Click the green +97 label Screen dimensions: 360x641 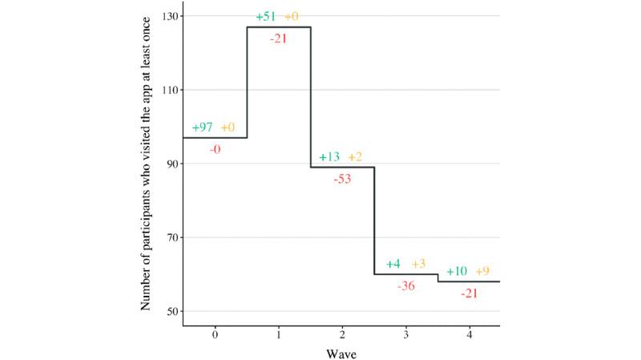click(203, 128)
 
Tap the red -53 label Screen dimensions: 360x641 click(342, 178)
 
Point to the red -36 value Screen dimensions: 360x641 click(406, 286)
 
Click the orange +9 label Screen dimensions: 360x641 click(483, 271)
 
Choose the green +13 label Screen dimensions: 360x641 click(329, 157)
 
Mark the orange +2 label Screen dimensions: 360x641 click(356, 157)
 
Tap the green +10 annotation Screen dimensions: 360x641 click(457, 271)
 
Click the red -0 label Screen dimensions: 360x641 click(215, 148)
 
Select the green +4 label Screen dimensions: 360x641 click(393, 264)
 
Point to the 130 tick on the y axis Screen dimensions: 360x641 click(170, 16)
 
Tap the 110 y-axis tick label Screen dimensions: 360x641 click(170, 90)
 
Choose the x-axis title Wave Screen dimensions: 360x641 click(342, 352)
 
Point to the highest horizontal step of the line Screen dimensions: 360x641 click(278, 27)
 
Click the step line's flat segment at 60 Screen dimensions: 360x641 click(406, 274)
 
